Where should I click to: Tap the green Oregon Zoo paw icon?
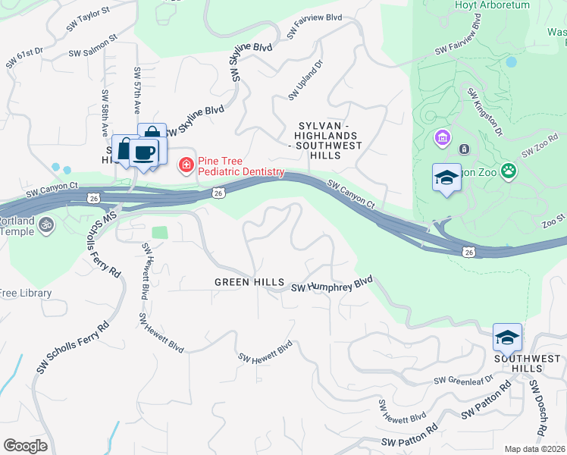click(x=509, y=172)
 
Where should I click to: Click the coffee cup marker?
click(x=143, y=152)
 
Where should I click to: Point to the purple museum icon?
click(x=441, y=139)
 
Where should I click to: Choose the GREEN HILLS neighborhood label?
click(x=249, y=282)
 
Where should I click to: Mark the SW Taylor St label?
click(x=88, y=19)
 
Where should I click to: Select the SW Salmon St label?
click(x=92, y=45)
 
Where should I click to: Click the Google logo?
click(x=25, y=446)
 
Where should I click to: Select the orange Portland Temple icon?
click(x=45, y=224)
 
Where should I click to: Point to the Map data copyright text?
click(x=535, y=449)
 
